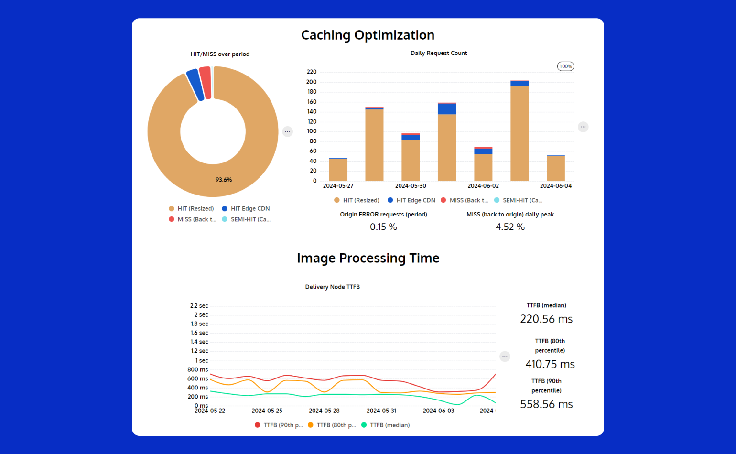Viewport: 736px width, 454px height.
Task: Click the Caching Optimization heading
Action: tap(368, 35)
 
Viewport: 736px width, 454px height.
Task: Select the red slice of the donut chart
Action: tap(206, 83)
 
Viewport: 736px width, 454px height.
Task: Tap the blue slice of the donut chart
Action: tap(195, 85)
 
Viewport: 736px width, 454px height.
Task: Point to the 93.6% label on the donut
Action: tap(224, 180)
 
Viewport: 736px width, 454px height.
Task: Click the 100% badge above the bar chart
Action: tap(565, 66)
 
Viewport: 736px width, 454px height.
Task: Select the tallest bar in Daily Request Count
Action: tap(520, 131)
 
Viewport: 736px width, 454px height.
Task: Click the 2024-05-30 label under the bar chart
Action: tap(411, 186)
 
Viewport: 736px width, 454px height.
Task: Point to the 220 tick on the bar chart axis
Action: tap(312, 72)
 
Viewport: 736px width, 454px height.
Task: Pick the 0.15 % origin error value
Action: tap(383, 227)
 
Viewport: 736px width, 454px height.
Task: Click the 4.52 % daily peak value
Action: tap(510, 227)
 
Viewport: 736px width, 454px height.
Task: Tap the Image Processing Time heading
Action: tap(368, 258)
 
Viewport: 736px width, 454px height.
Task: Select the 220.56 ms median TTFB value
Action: tap(546, 319)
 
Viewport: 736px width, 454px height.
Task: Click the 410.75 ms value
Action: tap(550, 364)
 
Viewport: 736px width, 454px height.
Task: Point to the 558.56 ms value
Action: tap(546, 404)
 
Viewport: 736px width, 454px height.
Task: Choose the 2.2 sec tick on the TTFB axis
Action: tap(199, 306)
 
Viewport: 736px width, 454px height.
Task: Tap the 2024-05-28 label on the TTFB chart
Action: tap(324, 411)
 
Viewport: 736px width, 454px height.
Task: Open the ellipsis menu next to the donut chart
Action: tap(288, 131)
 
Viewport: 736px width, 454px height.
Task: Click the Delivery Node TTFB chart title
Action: tap(333, 287)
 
